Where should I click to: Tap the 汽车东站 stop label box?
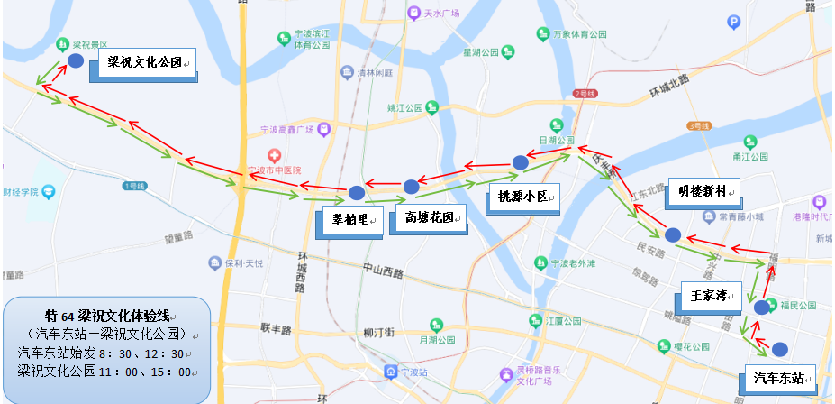779,378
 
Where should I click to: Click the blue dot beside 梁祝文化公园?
77,60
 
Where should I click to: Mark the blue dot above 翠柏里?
357,192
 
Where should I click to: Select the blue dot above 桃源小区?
521,162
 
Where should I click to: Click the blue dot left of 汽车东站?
779,348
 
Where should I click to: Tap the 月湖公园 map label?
439,340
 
